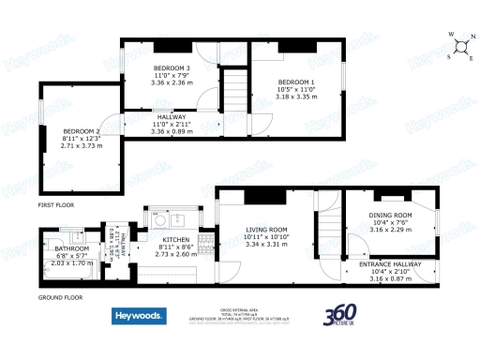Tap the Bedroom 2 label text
click(82, 131)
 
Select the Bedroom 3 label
click(172, 68)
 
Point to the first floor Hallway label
click(172, 117)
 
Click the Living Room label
click(265, 230)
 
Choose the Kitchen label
click(176, 240)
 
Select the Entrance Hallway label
click(391, 264)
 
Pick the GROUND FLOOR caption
click(60, 297)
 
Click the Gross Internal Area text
click(238, 308)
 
